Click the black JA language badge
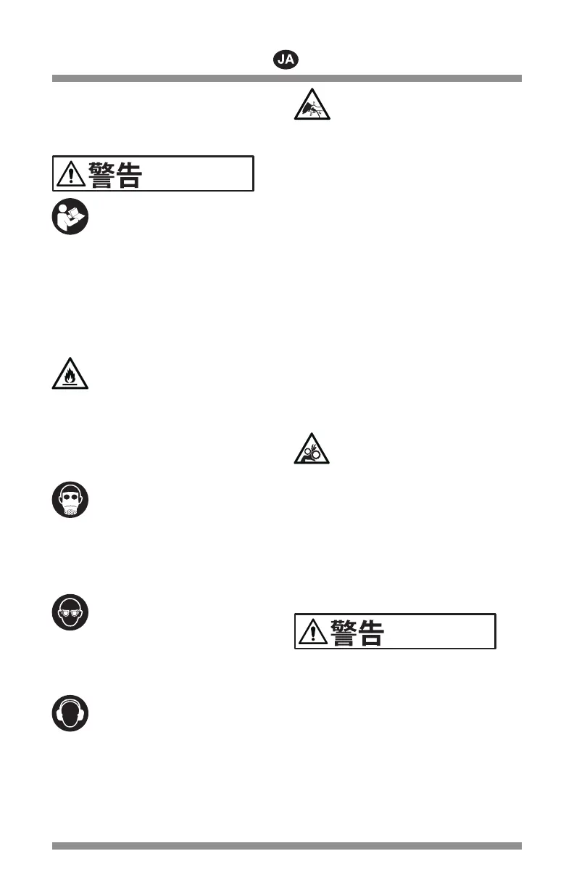pos(286,60)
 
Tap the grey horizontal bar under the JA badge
pos(286,78)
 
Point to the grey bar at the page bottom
pos(286,845)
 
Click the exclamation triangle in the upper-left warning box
pos(70,175)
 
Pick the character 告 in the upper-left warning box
pos(128,174)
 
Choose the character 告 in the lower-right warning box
pos(370,632)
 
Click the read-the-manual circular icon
pos(70,216)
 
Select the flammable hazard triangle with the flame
pos(70,374)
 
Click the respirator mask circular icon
pos(70,500)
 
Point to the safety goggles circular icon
pos(70,612)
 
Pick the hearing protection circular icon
pos(70,713)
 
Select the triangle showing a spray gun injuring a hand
pos(312,106)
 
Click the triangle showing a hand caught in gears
pos(312,451)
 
